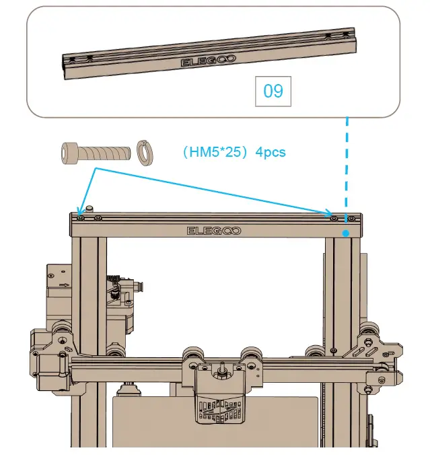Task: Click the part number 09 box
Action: pos(273,91)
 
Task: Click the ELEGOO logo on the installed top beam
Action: pos(213,231)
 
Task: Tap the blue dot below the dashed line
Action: pos(346,233)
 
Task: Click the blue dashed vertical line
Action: pos(347,168)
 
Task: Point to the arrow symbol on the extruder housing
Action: pos(64,285)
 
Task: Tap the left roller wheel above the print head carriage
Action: pos(194,357)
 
